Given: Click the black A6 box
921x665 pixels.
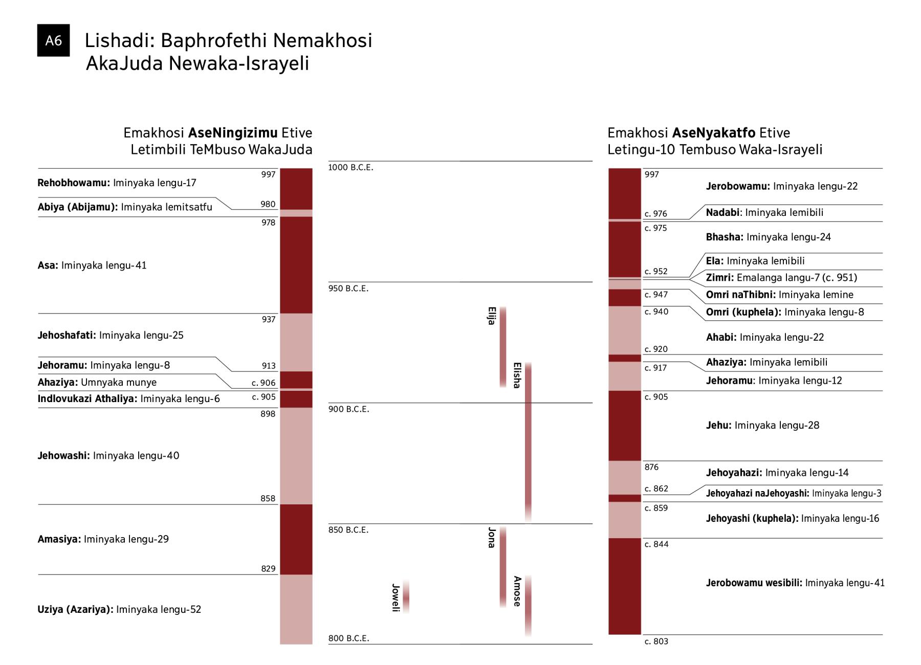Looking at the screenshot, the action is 53,40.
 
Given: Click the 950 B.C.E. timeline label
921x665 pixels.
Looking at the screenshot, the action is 348,289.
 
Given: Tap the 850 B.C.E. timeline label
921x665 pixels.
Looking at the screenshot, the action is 348,530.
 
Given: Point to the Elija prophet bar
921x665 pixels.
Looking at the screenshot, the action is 503,347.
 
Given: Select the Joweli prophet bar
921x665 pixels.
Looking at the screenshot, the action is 406,596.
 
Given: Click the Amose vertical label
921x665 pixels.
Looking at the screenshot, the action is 517,591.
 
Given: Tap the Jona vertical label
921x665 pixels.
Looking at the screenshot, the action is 491,538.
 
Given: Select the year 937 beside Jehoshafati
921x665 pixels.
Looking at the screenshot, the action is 269,319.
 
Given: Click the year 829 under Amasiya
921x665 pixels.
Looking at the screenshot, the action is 269,569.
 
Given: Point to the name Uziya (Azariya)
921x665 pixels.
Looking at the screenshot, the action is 75,609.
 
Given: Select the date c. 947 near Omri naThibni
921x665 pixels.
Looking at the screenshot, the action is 656,295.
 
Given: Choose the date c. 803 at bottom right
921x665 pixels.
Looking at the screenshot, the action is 656,641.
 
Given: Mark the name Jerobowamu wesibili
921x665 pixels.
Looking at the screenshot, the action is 754,583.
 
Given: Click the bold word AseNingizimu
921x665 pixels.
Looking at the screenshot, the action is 233,133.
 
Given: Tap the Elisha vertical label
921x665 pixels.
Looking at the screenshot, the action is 517,375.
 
